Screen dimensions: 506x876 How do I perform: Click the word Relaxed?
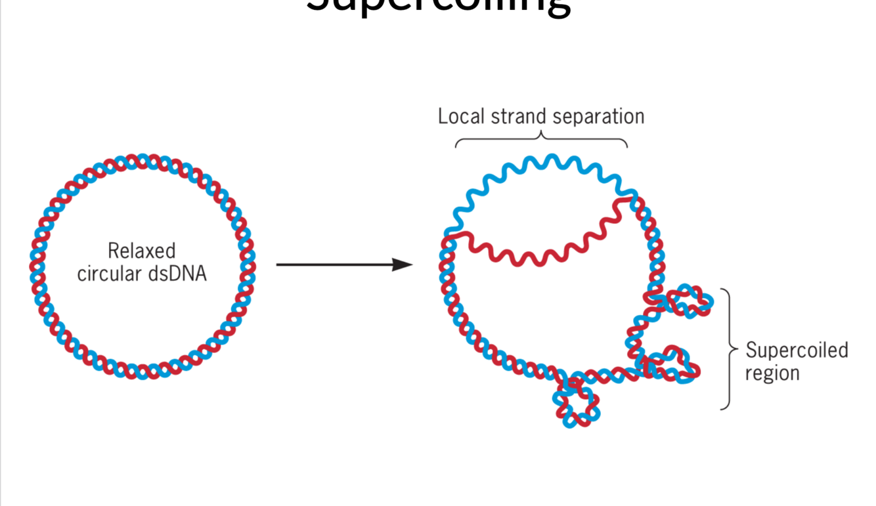[x=141, y=251]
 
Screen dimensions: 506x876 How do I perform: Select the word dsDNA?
[x=177, y=274]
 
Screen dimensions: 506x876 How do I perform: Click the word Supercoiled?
[x=797, y=350]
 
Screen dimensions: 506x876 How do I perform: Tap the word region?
[x=772, y=373]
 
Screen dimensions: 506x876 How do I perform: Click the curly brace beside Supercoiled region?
[x=728, y=348]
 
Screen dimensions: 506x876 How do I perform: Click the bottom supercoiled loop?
[x=576, y=404]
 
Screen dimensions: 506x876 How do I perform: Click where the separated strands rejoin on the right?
[x=632, y=196]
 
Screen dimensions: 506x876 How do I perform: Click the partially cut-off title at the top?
[x=438, y=7]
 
